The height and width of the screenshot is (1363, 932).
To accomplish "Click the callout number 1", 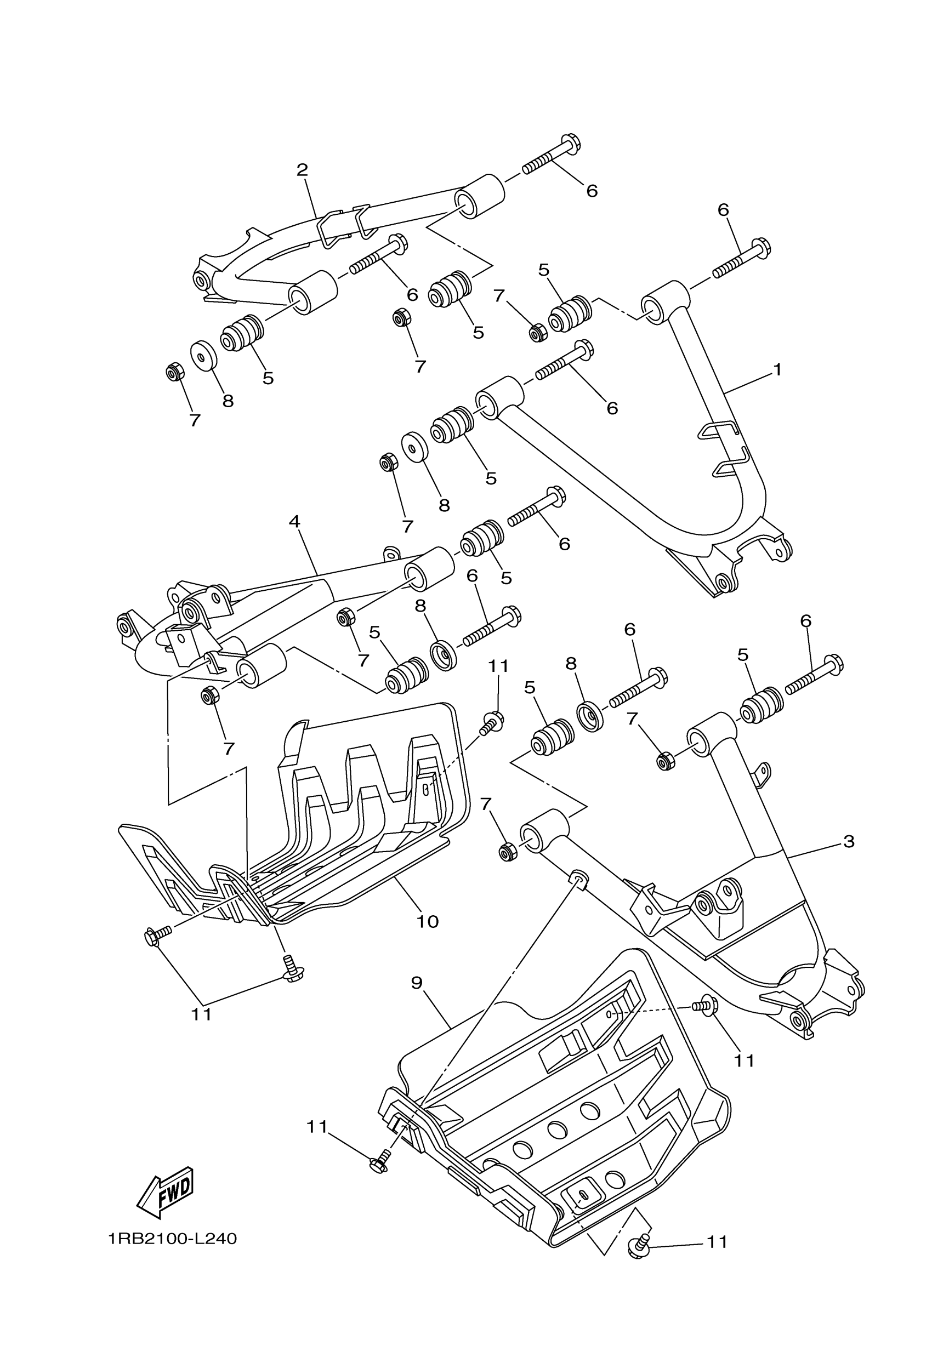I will click(777, 370).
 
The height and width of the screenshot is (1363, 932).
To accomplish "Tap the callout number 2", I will click(302, 170).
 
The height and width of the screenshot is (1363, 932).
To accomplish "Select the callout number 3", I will click(849, 842).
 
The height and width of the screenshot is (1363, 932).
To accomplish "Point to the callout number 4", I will click(294, 521).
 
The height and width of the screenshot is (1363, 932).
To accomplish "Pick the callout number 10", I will click(428, 921).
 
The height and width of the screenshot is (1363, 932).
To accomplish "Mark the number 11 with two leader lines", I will click(201, 1014).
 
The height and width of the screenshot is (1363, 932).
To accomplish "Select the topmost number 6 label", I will click(592, 191).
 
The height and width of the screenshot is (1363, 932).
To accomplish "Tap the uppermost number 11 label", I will click(498, 666).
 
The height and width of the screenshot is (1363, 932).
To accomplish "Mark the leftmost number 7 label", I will click(195, 420).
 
